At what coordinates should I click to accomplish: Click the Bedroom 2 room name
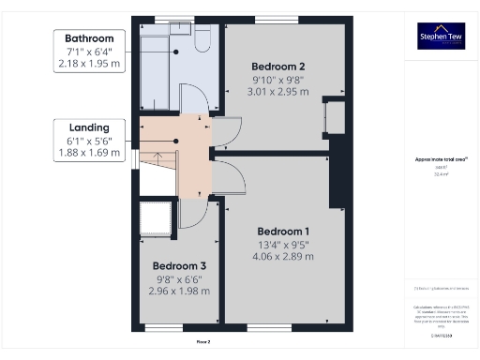278,67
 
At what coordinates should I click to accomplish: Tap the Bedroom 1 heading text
283,232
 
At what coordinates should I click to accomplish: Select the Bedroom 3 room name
179,265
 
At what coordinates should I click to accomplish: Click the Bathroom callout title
89,38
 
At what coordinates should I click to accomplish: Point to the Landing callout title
89,127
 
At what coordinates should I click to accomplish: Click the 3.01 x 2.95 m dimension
278,92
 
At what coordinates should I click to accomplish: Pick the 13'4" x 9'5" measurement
283,246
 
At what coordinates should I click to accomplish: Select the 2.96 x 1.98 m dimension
179,292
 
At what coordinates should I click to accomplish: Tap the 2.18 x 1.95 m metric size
89,65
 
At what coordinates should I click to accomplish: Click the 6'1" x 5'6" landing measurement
89,142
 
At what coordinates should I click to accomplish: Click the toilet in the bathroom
202,37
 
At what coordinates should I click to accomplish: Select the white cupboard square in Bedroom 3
155,219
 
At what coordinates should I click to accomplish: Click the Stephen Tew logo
441,36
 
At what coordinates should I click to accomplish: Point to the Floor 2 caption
203,342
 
